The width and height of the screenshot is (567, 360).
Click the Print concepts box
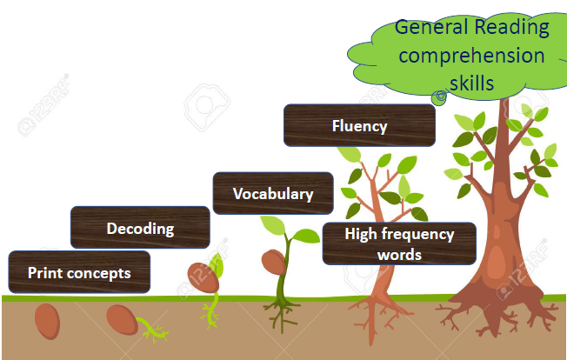point(78,272)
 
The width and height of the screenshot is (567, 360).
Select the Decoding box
point(139,229)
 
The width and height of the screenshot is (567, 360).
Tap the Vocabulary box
point(272,193)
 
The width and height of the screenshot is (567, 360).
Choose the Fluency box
point(358,125)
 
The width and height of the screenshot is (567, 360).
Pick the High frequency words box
point(398,243)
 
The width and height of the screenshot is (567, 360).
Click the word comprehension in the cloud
point(471,56)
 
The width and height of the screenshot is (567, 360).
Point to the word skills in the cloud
point(472,83)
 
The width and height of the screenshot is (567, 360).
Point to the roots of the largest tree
point(487,313)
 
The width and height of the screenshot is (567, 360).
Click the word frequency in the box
point(416,234)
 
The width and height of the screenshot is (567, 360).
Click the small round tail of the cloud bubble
point(441,96)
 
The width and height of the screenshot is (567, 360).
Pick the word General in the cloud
point(431,27)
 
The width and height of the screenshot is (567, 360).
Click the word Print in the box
point(43,273)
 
